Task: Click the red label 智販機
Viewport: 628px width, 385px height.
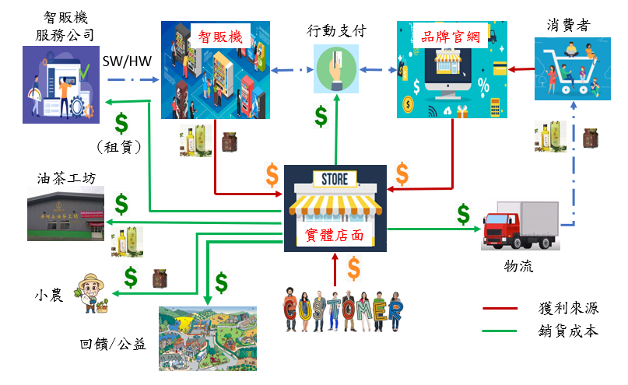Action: pyautogui.click(x=220, y=36)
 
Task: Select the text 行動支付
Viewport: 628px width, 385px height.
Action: pyautogui.click(x=337, y=32)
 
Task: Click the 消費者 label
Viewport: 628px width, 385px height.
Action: pyautogui.click(x=567, y=25)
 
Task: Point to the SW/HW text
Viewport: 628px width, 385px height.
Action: pyautogui.click(x=128, y=60)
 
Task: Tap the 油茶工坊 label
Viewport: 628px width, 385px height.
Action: pyautogui.click(x=65, y=179)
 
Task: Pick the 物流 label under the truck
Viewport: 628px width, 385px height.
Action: pyautogui.click(x=518, y=268)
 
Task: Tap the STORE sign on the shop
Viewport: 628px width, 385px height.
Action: pyautogui.click(x=335, y=180)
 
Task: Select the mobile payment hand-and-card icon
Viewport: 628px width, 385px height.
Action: pyautogui.click(x=337, y=68)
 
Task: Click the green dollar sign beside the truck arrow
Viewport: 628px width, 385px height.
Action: pyautogui.click(x=464, y=212)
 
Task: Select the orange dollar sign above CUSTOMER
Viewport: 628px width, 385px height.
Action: pyautogui.click(x=353, y=269)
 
